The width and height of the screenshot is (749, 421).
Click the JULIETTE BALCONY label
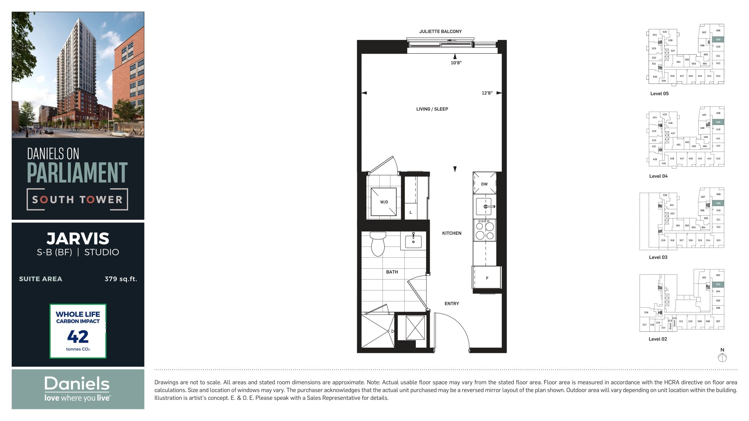tap(440, 32)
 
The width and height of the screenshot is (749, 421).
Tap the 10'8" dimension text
tap(456, 63)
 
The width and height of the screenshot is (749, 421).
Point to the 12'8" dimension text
tap(487, 93)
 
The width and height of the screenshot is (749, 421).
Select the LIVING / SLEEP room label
tap(432, 109)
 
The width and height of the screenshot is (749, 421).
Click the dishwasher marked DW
tap(484, 184)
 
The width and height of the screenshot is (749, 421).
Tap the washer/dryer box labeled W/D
tap(384, 202)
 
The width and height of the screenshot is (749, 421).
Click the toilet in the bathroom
tap(378, 244)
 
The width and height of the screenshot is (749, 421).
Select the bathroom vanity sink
tap(413, 241)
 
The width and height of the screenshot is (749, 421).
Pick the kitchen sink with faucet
tap(485, 207)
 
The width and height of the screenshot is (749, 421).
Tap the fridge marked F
tap(487, 278)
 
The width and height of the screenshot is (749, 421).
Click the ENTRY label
tap(451, 303)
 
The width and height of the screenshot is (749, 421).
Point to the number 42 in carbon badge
tap(78, 337)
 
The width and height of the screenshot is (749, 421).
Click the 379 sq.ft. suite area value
tap(121, 279)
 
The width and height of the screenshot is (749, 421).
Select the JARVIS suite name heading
tap(78, 239)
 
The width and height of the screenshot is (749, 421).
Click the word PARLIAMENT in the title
tap(77, 173)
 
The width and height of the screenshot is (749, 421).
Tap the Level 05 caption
tap(659, 94)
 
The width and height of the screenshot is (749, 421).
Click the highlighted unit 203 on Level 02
tap(718, 284)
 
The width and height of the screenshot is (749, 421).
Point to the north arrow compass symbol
tap(722, 357)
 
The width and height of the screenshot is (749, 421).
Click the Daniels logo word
tap(77, 384)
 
